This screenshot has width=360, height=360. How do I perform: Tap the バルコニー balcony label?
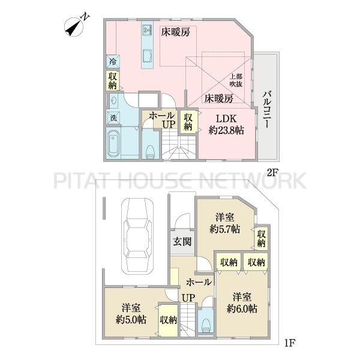266,109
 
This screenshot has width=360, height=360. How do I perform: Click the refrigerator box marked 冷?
113,61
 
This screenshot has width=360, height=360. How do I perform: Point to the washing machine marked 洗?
113,118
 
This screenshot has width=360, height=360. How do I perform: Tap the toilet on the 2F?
150,151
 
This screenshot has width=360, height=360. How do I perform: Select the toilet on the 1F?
206,325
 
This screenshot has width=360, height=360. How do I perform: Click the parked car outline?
137,236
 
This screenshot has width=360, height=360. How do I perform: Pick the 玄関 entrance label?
182,242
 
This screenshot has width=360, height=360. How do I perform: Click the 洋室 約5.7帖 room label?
225,224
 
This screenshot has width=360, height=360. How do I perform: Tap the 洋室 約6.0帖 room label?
242,303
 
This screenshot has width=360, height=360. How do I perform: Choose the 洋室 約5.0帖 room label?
131,314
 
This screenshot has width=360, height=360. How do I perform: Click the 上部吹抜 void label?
236,80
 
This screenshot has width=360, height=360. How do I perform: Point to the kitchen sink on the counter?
147,56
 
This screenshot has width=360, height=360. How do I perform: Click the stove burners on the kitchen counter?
147,30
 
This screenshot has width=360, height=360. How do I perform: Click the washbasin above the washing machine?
113,100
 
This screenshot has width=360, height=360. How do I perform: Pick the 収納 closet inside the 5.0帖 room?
169,320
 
